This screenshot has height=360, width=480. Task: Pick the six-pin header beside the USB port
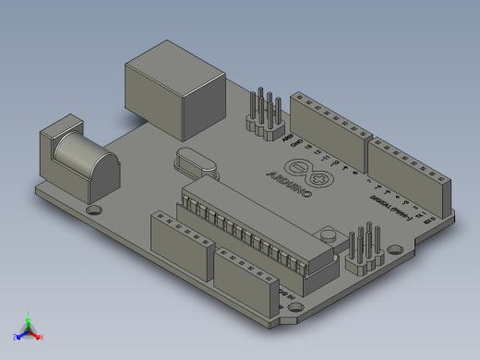[265, 116]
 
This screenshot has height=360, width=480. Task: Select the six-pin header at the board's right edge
[366, 250]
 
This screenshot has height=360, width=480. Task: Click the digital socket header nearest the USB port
[330, 126]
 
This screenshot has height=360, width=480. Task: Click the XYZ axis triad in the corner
[29, 330]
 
